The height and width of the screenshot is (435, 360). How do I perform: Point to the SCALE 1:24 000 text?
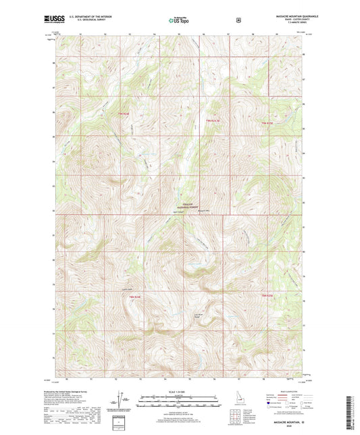click(180, 391)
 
